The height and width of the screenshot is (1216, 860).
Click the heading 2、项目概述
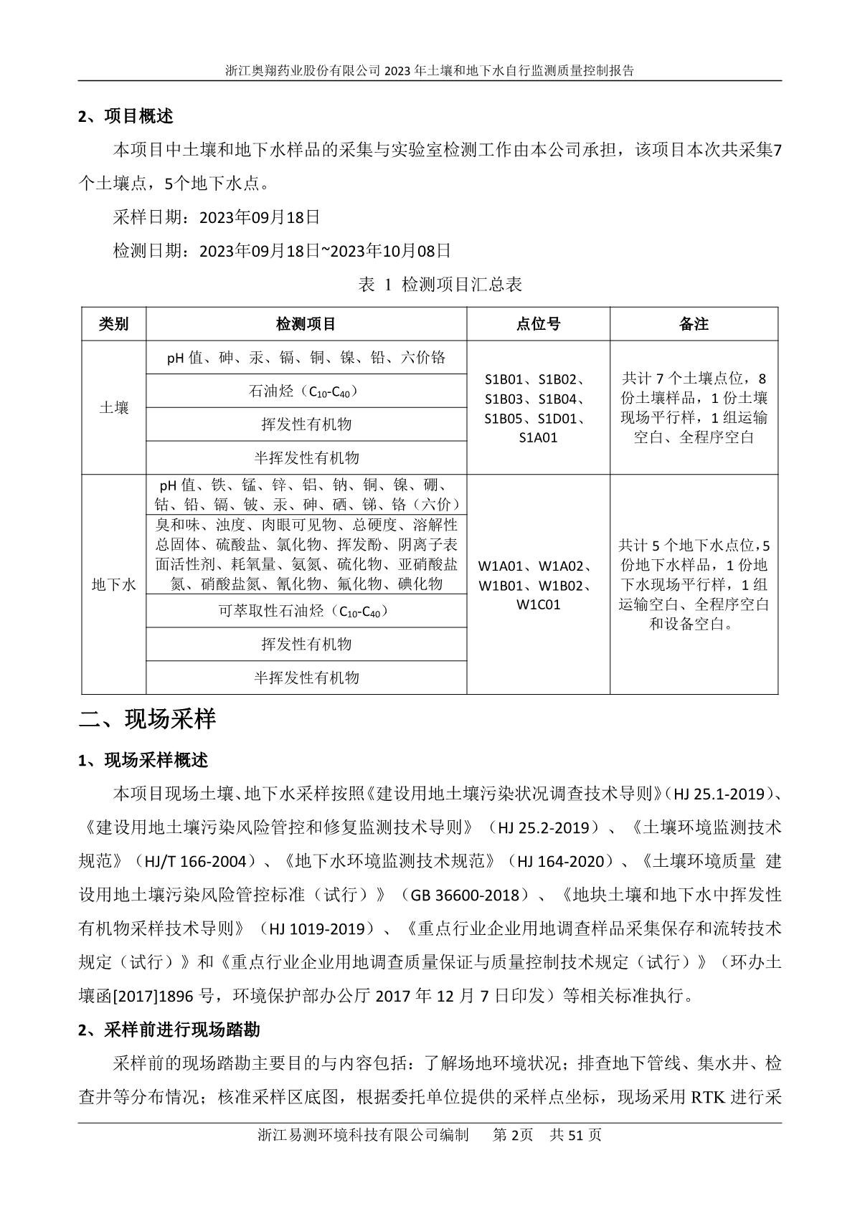126,116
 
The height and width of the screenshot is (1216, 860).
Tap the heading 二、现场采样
147,719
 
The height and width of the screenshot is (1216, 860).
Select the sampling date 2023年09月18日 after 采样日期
260,217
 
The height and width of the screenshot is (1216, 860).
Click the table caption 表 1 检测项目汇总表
440,285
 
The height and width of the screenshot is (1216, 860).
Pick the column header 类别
113,324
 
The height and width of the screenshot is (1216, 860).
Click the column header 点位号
538,324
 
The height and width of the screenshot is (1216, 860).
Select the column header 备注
694,324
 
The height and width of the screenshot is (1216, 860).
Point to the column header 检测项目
306,324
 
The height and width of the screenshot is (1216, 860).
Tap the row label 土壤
113,408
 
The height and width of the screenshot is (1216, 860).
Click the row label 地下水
113,584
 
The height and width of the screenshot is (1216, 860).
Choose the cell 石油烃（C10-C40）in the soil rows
306,391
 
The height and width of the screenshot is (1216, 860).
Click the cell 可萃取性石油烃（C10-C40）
306,612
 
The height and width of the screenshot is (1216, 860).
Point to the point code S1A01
538,437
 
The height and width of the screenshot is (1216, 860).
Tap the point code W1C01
538,604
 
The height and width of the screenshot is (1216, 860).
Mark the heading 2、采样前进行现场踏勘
169,1030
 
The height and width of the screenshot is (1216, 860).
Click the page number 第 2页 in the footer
513,1135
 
